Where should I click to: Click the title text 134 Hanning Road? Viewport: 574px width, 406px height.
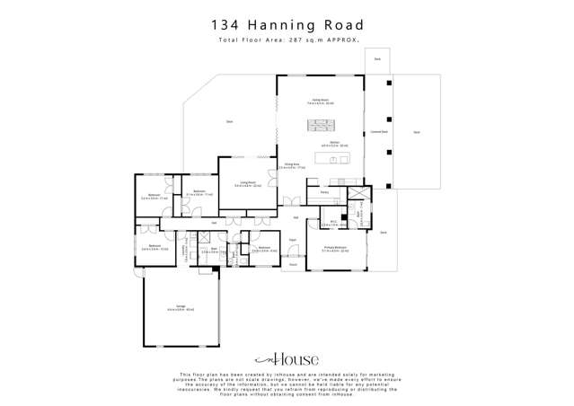click(x=287, y=25)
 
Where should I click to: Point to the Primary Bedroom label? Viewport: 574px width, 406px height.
click(x=336, y=251)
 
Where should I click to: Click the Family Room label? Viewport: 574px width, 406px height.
click(x=319, y=101)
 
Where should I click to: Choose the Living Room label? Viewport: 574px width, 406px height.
click(x=250, y=186)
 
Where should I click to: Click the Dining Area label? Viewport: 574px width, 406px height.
click(x=292, y=165)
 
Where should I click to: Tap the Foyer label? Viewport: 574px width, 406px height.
click(x=293, y=240)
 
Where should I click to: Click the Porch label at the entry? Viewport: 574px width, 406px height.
click(x=293, y=265)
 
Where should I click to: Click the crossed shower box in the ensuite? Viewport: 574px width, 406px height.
click(x=357, y=199)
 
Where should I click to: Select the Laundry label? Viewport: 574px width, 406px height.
click(x=186, y=252)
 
